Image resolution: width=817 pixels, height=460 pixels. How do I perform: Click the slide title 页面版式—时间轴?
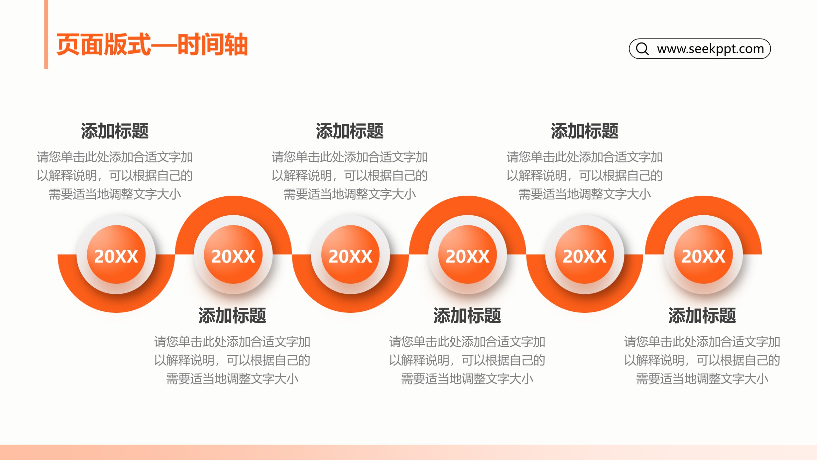[152, 44]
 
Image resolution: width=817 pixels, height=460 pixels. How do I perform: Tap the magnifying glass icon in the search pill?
[642, 48]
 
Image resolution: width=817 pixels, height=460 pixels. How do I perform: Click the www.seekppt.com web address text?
[710, 49]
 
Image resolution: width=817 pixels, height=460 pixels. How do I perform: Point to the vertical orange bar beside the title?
[46, 34]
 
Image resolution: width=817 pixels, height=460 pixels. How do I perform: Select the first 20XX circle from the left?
[116, 255]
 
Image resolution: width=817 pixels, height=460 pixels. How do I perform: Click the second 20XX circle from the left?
[233, 255]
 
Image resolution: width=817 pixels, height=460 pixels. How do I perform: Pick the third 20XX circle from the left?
[350, 255]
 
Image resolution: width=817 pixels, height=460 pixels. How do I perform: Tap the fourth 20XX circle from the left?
[467, 255]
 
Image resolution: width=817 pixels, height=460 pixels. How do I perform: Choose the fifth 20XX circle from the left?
[584, 255]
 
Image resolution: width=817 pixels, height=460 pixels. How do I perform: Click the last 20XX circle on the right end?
[703, 255]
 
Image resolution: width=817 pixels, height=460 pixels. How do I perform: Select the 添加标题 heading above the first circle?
[115, 131]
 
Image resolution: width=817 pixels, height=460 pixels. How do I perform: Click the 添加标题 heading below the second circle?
[232, 315]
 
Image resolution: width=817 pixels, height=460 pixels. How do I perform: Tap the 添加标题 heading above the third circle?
[350, 131]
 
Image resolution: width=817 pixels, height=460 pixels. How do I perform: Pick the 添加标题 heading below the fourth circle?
[467, 315]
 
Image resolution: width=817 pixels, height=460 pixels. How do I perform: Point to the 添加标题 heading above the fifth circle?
[585, 131]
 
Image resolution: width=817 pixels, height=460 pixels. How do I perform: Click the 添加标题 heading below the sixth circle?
[702, 315]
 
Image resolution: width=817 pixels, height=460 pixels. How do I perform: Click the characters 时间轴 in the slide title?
[212, 44]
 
